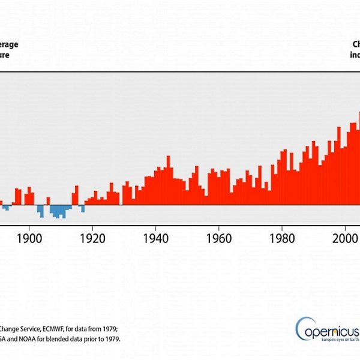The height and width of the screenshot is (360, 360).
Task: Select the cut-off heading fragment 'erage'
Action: (x=8, y=44)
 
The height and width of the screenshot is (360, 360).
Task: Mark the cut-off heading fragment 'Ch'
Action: (x=356, y=44)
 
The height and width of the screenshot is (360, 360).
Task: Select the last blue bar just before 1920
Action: (x=83, y=209)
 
